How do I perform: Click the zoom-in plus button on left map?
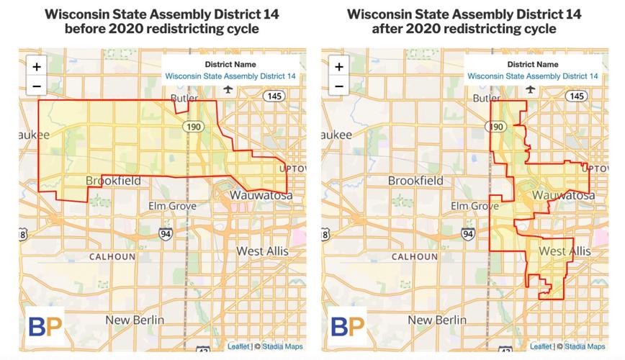pos(37,66)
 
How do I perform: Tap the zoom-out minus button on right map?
pos(339,86)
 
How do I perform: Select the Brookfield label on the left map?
pos(113,181)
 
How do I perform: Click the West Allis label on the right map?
pos(565,251)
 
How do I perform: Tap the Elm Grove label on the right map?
pos(475,206)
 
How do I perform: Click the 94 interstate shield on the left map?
pos(166,233)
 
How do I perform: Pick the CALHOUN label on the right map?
pos(415,256)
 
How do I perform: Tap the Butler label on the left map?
pos(184,99)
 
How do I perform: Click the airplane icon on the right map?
pos(531,89)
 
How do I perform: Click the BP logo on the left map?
pos(45,325)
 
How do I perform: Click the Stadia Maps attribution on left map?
pos(282,346)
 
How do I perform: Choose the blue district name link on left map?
pos(230,76)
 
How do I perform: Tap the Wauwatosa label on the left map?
pos(261,195)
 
